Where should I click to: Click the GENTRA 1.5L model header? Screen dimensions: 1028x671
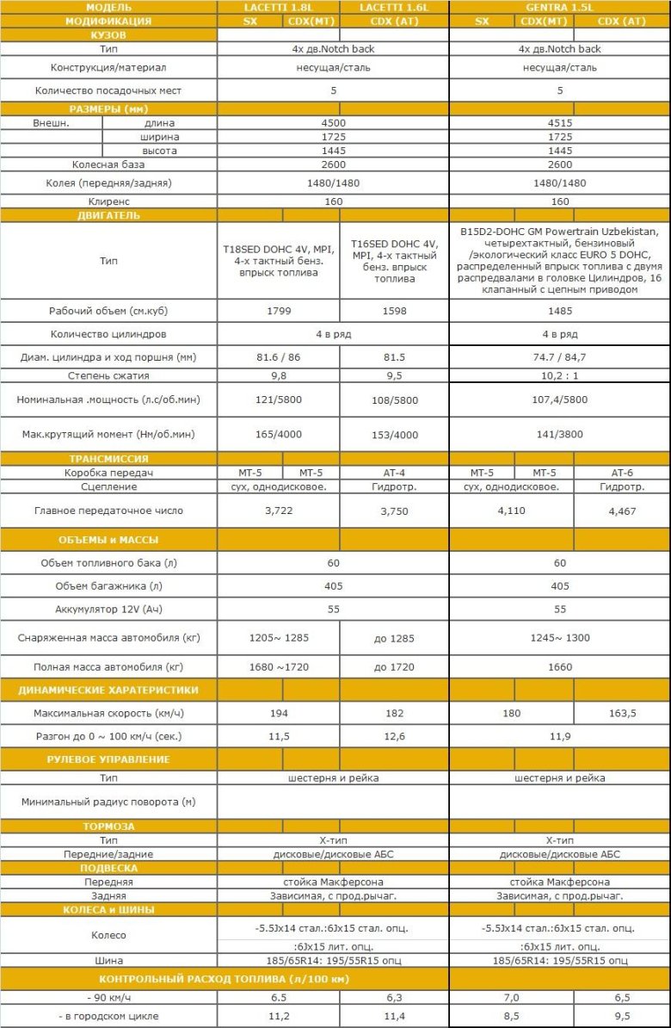pyautogui.click(x=559, y=7)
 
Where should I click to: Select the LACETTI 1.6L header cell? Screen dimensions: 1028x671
pyautogui.click(x=394, y=7)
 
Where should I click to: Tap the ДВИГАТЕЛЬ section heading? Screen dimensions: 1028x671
pyautogui.click(x=108, y=215)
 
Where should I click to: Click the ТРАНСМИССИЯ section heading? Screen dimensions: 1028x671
pyautogui.click(x=108, y=459)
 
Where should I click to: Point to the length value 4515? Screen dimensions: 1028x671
pyautogui.click(x=560, y=123)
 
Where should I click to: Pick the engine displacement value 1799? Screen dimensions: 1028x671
pyautogui.click(x=279, y=311)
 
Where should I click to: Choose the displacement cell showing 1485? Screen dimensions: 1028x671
pyautogui.click(x=560, y=311)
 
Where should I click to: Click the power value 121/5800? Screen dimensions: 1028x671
pyautogui.click(x=279, y=399)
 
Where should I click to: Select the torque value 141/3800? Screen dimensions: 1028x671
pyautogui.click(x=560, y=435)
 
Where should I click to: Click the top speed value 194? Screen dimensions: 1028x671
pyautogui.click(x=279, y=714)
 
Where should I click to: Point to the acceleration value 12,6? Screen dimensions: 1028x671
pyautogui.click(x=394, y=736)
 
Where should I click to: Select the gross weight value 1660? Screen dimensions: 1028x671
pyautogui.click(x=560, y=667)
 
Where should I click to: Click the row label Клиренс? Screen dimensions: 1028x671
pyautogui.click(x=108, y=201)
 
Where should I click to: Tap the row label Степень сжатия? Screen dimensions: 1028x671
pyautogui.click(x=108, y=375)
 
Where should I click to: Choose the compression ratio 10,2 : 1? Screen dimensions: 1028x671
pyautogui.click(x=560, y=375)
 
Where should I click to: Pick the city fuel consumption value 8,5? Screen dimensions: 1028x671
pyautogui.click(x=513, y=1016)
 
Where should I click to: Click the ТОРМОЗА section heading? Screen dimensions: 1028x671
pyautogui.click(x=108, y=826)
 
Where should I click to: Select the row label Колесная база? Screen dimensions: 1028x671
pyautogui.click(x=108, y=164)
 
